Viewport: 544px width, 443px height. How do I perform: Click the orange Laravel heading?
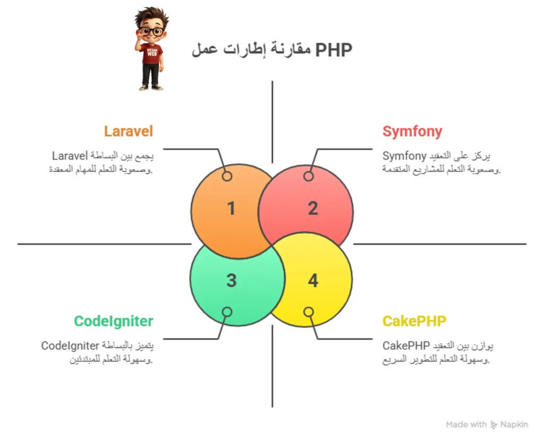[129, 131]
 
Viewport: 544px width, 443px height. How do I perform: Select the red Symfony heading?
[412, 132]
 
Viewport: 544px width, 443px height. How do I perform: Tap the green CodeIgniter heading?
[114, 321]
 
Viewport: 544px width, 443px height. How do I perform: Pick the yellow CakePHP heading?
[414, 321]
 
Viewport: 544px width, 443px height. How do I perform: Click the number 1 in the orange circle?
[231, 208]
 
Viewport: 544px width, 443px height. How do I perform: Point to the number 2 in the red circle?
[313, 208]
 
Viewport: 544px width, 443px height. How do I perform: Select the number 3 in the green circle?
[232, 280]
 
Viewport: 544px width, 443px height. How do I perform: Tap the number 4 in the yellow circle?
[313, 280]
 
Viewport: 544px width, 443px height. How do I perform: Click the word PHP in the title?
[334, 50]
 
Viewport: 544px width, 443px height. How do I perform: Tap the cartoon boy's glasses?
[151, 31]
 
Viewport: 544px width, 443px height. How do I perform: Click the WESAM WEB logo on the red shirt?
[152, 52]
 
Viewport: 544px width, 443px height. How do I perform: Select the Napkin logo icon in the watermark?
[494, 425]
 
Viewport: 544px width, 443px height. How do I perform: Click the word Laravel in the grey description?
[70, 156]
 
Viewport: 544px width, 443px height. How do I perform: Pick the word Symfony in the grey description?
[404, 156]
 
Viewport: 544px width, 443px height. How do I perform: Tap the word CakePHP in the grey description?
[406, 346]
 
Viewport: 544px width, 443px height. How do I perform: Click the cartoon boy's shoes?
[151, 88]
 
